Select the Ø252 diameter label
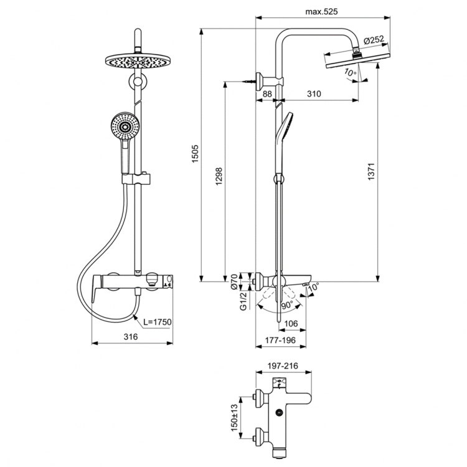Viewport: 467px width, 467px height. click(x=373, y=40)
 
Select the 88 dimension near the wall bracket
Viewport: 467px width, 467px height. click(x=267, y=93)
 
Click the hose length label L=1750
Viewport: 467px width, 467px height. click(x=157, y=322)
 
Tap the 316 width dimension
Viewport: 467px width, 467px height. click(x=131, y=336)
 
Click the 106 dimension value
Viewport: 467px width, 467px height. click(x=291, y=323)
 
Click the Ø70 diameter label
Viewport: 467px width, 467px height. click(x=235, y=283)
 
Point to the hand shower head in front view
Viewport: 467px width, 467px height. click(x=123, y=126)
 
